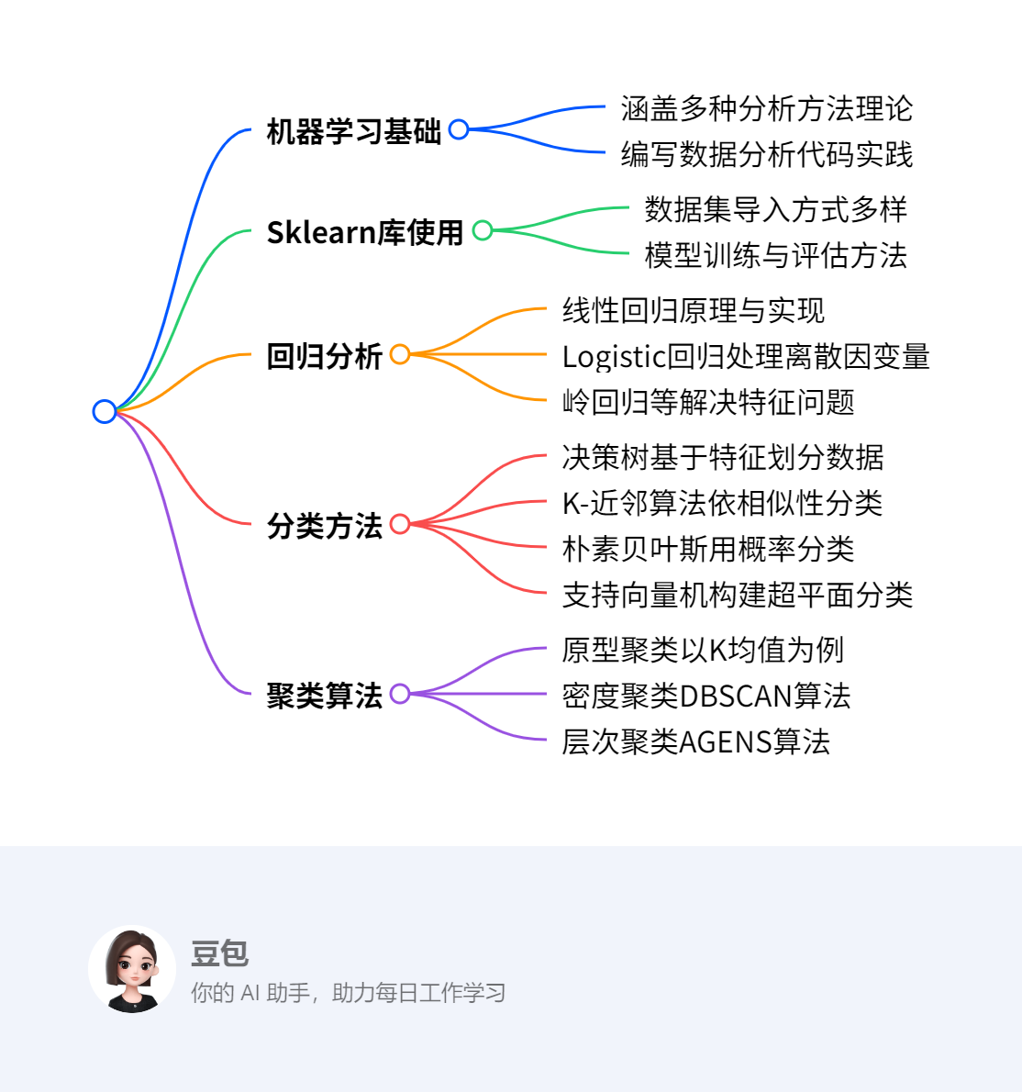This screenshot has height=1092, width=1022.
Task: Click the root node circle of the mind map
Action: pos(105,411)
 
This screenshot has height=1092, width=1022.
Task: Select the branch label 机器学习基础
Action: pos(354,131)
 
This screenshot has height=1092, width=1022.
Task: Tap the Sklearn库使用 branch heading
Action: pos(365,232)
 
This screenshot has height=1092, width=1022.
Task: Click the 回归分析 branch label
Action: pos(324,356)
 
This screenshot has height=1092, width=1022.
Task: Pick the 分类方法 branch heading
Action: pos(324,526)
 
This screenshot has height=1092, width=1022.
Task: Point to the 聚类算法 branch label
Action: pos(324,696)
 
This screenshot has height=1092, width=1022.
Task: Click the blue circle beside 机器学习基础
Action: pos(459,129)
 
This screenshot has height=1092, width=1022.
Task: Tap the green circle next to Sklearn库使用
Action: pos(483,230)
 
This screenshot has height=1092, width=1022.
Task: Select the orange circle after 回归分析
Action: pos(400,354)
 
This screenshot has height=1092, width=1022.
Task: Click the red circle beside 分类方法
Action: pos(400,524)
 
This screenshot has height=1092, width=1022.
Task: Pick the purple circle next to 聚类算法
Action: pos(400,694)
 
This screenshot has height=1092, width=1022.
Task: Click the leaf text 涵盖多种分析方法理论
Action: pos(766,108)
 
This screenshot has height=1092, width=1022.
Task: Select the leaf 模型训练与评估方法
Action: pos(775,255)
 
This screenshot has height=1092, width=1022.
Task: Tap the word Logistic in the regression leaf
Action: pos(613,356)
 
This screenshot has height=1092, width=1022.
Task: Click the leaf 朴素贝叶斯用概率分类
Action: pos(707,549)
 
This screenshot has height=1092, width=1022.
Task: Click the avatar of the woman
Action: pos(132,969)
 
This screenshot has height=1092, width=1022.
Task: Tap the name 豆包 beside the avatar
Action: pos(220,953)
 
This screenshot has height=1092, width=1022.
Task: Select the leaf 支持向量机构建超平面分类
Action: pos(737,595)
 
